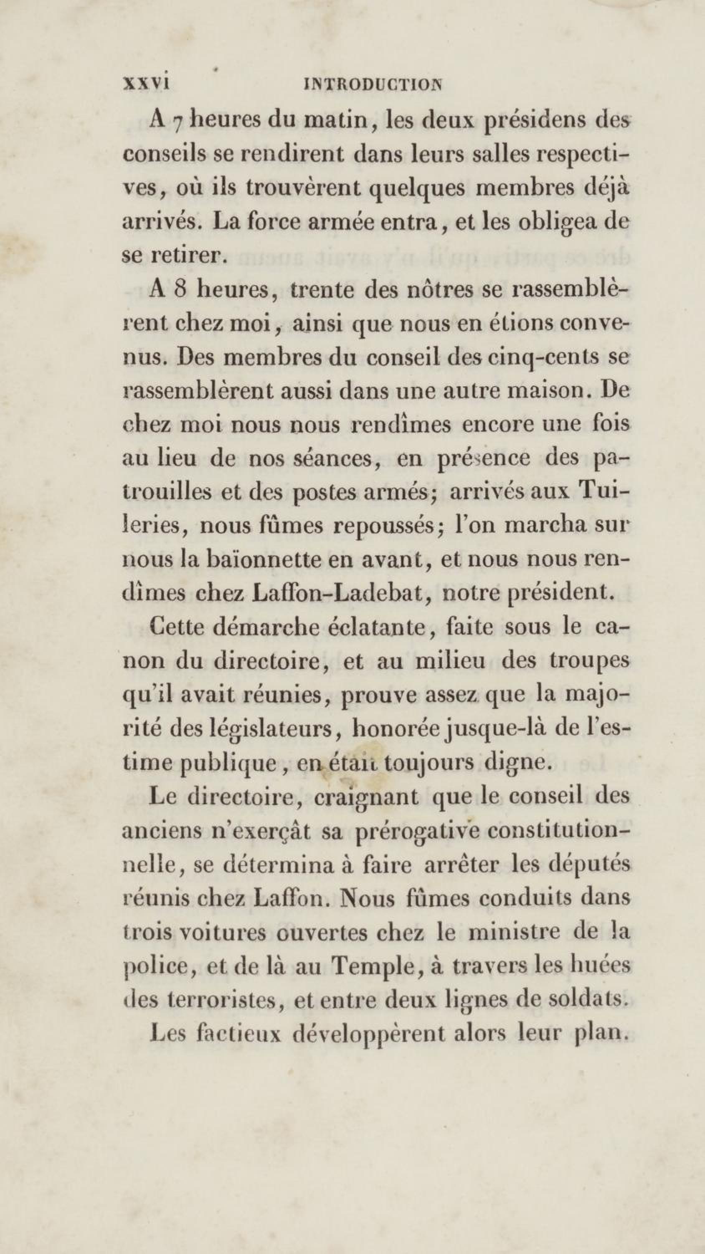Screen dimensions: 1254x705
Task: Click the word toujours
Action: tap(428, 763)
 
